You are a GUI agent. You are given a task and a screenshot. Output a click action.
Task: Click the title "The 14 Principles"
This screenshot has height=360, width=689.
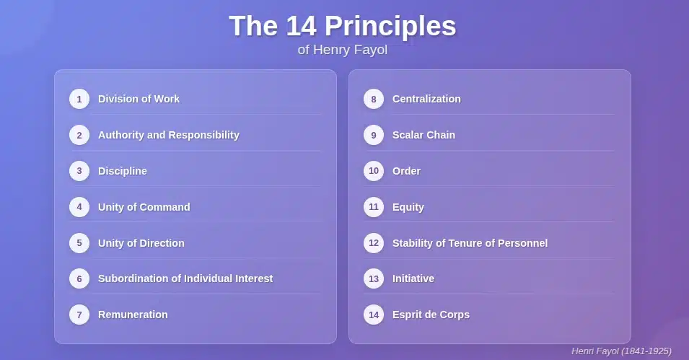[343, 27]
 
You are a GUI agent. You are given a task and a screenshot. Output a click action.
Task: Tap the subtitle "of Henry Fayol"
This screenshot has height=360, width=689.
[343, 50]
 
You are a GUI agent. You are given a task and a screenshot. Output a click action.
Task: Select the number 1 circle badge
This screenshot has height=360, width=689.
[79, 99]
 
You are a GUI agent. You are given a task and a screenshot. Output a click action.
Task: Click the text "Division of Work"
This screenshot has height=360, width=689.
[139, 99]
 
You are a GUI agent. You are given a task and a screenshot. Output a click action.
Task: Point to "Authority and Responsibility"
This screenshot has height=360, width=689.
[169, 135]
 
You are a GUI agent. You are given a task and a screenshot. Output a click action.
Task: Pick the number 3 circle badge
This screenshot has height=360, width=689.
[79, 171]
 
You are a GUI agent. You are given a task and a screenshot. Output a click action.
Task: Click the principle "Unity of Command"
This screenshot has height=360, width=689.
[144, 207]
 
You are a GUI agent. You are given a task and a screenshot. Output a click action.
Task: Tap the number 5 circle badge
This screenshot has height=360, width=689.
[79, 242]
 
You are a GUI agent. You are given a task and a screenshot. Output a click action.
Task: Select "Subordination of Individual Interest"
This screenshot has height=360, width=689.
[185, 278]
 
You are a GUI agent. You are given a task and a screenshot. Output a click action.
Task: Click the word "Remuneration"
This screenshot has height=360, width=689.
[133, 315]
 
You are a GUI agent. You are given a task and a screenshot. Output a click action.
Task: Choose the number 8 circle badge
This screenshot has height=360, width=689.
[374, 99]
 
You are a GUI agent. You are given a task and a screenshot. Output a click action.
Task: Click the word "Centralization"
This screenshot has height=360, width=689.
[426, 99]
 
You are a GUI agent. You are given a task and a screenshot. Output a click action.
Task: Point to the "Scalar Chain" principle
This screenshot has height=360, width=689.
[424, 135]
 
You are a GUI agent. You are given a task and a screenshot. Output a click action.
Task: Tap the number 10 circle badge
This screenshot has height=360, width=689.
[374, 171]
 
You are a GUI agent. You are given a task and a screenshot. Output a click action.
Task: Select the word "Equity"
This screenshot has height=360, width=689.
[408, 208]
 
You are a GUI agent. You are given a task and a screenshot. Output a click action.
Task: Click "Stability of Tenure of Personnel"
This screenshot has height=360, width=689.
[470, 243]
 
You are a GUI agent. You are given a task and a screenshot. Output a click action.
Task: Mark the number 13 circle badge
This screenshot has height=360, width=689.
[374, 278]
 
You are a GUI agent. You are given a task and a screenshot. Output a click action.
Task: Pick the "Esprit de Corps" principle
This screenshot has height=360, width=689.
[431, 315]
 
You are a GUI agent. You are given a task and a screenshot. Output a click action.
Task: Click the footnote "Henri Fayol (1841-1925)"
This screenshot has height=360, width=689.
[621, 351]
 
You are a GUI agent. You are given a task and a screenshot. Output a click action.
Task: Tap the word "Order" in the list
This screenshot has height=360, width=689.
[406, 171]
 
